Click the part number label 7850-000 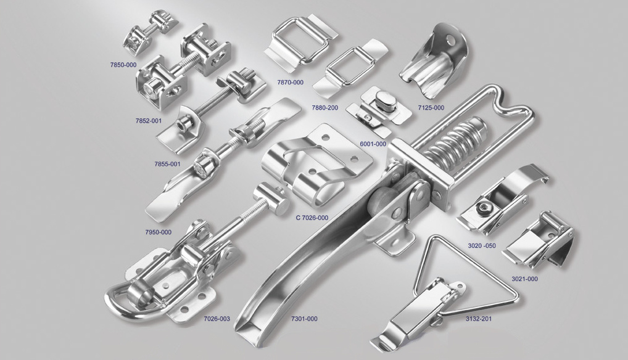coord(123,64)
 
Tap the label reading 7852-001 coord(149,120)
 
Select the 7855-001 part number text coord(167,163)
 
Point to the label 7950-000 coord(158,232)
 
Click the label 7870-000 coord(291,83)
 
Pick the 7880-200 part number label coord(325,108)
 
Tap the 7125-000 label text coord(431,108)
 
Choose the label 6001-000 coord(373,144)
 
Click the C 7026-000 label coord(312,218)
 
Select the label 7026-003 coord(217,319)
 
